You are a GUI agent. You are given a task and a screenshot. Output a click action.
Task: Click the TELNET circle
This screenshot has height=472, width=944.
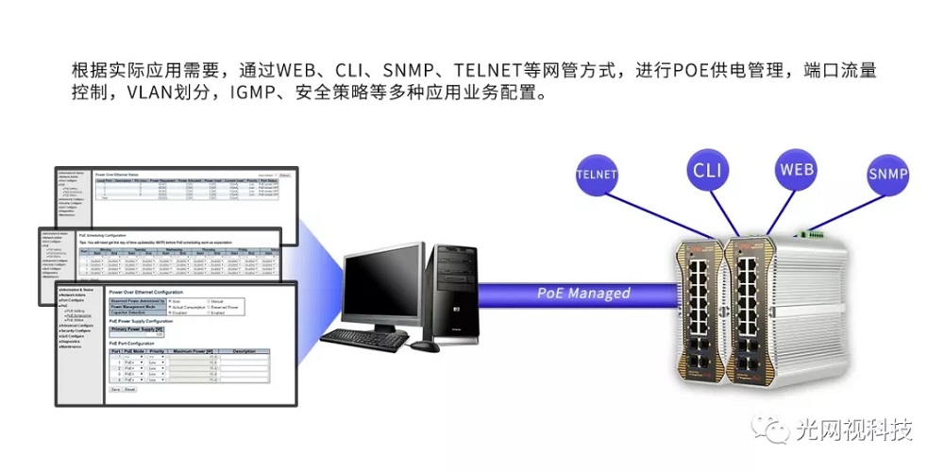[596, 175]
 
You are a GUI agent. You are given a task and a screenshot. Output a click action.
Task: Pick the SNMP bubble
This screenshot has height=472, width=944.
[887, 175]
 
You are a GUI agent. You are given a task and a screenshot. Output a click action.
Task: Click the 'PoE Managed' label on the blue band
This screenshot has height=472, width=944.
[583, 293]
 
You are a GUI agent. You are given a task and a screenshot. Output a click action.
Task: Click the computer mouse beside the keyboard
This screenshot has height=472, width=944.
[430, 346]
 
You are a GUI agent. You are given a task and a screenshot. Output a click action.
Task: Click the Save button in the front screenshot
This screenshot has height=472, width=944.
[115, 388]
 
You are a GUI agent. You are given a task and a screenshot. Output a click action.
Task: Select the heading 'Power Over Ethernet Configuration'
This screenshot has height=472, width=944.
[159, 293]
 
